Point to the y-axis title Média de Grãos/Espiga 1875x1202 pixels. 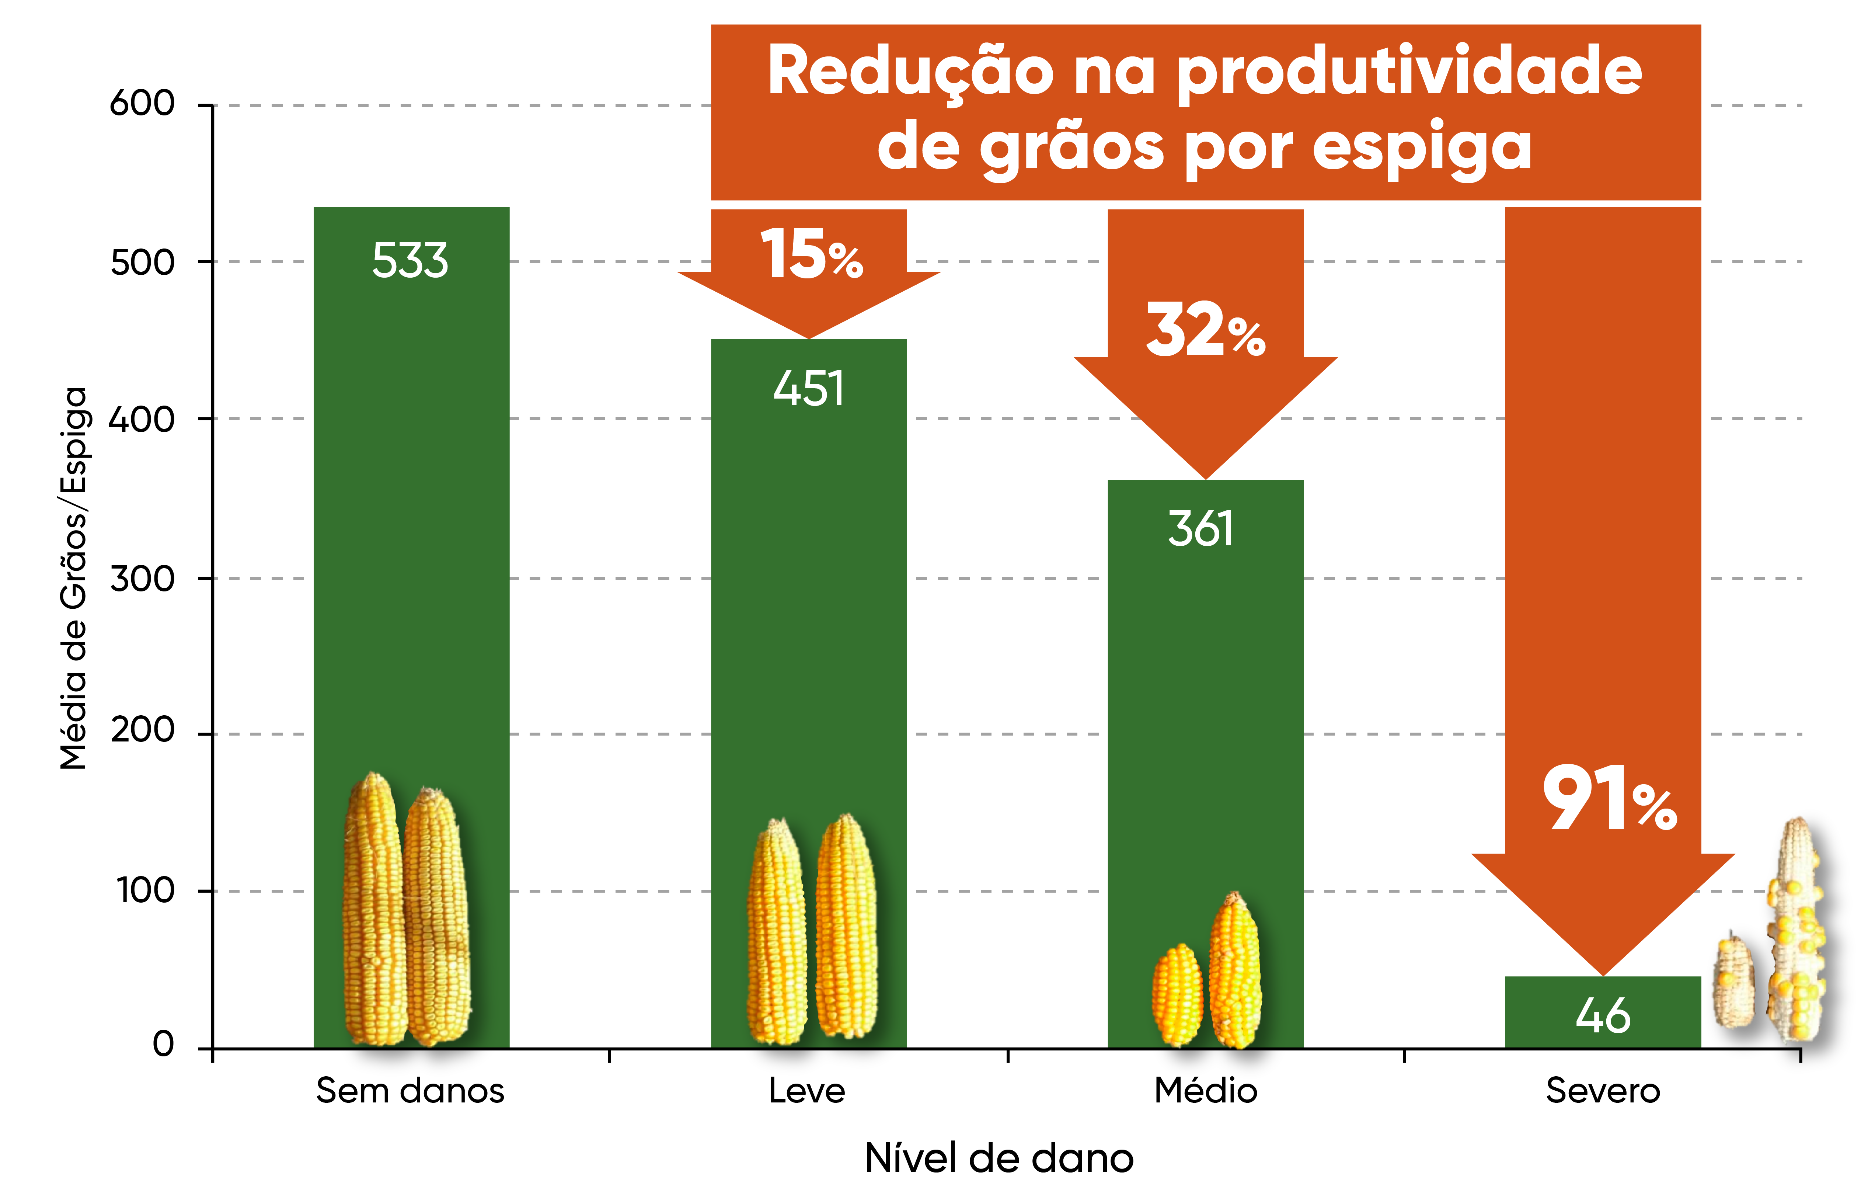[x=74, y=577]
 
